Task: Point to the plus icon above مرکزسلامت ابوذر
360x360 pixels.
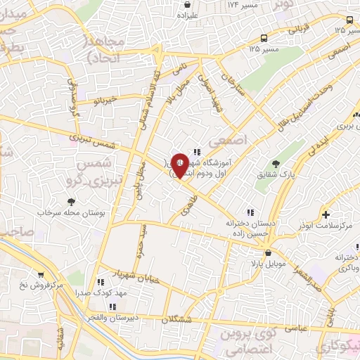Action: click(325, 214)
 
